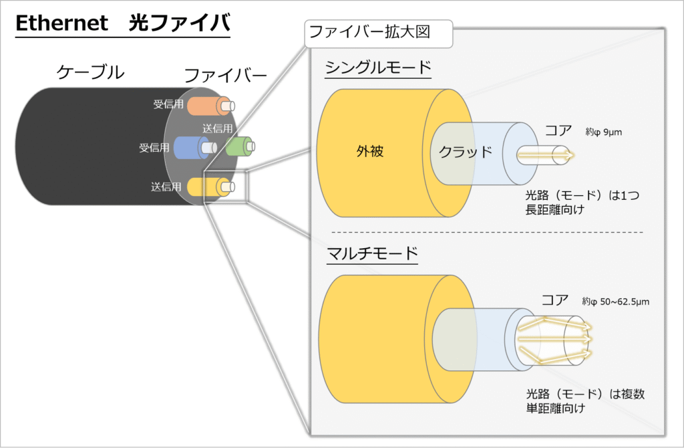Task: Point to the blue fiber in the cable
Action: (188, 147)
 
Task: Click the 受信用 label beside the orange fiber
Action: (168, 105)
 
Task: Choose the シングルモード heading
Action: (378, 68)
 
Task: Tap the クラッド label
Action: (465, 151)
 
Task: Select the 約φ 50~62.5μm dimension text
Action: (615, 302)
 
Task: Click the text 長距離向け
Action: (556, 210)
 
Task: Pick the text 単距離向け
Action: (556, 407)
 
